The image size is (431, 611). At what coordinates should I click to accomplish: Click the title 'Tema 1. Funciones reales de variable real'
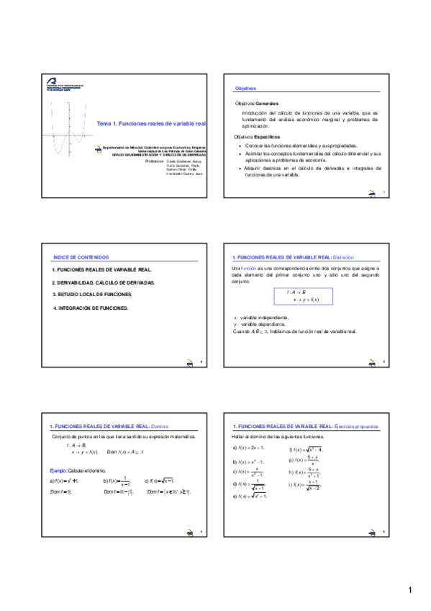point(152,124)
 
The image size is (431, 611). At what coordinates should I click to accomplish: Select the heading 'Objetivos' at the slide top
point(246,88)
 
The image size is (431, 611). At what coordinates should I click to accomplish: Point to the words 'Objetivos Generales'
point(257,104)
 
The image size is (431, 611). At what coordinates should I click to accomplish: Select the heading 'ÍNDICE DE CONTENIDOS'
point(81,257)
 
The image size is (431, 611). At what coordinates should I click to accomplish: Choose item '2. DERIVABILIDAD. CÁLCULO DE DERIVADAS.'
point(104,282)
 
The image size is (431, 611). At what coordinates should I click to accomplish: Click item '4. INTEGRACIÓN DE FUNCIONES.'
point(91,308)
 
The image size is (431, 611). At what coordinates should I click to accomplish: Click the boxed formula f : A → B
point(302,295)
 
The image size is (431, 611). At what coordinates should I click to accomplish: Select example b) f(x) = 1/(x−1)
point(117,481)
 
